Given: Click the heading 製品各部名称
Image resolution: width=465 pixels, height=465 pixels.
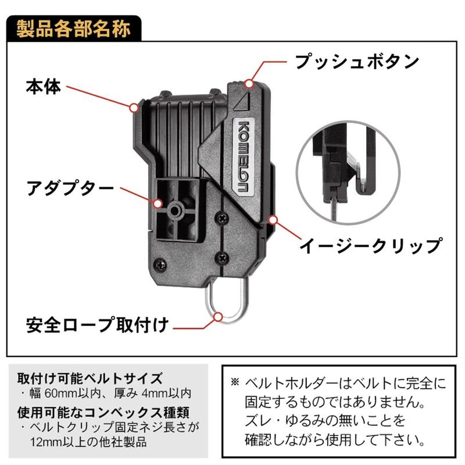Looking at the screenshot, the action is point(73,29).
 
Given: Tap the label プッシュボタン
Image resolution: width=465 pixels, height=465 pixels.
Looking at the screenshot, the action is point(357,62).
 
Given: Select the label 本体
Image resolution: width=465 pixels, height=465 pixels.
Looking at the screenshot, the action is point(43,87).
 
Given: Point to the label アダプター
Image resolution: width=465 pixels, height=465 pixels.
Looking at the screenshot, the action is point(70,188).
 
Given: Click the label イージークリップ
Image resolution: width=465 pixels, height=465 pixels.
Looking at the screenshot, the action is point(371,245).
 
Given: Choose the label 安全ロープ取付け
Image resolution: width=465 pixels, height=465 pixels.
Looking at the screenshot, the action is point(98,325).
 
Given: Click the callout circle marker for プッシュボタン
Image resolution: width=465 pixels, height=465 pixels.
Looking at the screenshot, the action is point(249,84).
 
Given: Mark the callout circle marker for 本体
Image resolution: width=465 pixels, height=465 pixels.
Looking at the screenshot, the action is point(134,108).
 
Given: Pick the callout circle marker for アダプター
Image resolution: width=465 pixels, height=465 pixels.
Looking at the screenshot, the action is point(158,204).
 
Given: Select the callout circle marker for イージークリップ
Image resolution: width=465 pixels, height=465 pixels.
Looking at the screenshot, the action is point(273,220).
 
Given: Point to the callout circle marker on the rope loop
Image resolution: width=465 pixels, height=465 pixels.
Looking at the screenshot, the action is point(219,317).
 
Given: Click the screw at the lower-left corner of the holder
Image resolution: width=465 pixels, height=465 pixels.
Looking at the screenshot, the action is point(160,264).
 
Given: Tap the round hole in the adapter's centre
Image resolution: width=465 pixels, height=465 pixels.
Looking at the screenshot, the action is point(174,211).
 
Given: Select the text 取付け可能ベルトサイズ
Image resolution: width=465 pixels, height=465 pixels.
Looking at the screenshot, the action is point(90,378).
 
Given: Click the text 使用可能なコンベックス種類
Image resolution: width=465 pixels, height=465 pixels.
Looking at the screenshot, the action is point(103,412).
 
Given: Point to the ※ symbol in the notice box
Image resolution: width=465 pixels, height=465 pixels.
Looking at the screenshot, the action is point(235,382).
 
